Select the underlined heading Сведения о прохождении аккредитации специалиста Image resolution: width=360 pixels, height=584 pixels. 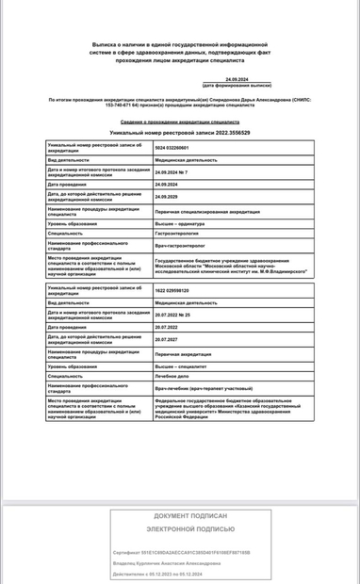click(179, 122)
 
